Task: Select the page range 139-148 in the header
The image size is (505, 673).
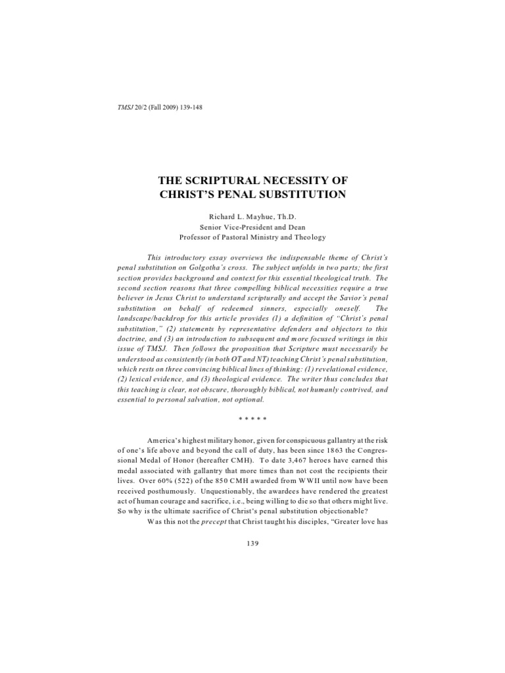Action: pyautogui.click(x=189, y=108)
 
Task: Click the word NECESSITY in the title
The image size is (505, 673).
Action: pyautogui.click(x=294, y=180)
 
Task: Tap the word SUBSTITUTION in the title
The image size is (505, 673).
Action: pyautogui.click(x=299, y=194)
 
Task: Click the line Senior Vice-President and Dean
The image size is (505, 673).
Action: pyautogui.click(x=252, y=226)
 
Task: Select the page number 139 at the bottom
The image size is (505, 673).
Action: pyautogui.click(x=252, y=544)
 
